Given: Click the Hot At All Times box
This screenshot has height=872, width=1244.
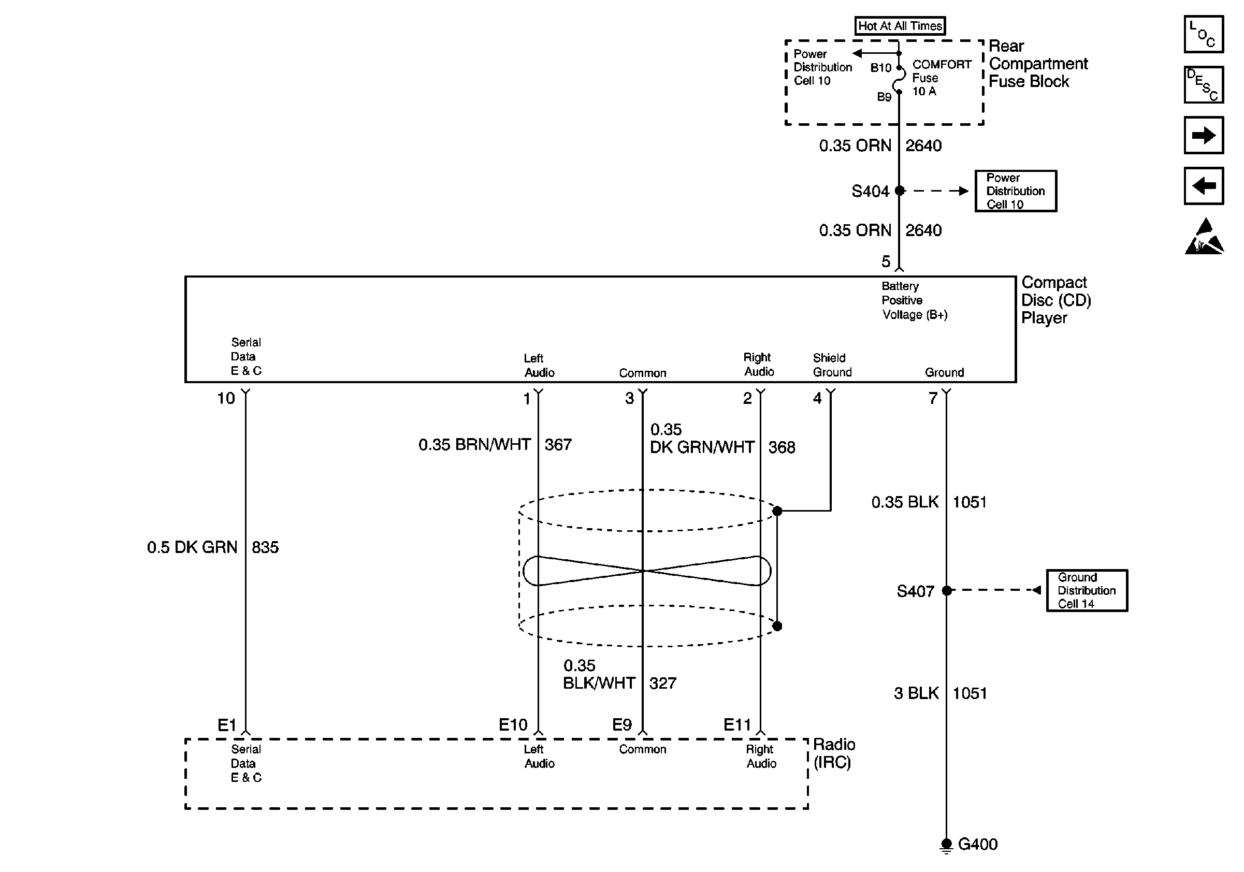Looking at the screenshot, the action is (x=900, y=26).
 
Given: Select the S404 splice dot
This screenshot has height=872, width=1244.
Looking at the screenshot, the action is (x=900, y=191).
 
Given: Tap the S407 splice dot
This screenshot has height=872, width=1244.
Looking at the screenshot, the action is (x=947, y=590).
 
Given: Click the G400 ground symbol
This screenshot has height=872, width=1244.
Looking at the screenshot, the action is (x=946, y=846).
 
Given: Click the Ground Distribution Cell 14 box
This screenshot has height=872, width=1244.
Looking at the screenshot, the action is (x=1087, y=590).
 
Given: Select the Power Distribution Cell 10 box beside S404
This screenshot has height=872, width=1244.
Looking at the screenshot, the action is (x=1016, y=191).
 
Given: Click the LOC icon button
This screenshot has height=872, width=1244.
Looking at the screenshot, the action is (x=1204, y=34).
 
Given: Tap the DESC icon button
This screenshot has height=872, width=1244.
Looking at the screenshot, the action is (x=1204, y=84).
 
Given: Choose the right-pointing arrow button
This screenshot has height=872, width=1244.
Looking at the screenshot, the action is (x=1204, y=135).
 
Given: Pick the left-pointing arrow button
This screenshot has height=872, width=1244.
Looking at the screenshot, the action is (x=1204, y=186).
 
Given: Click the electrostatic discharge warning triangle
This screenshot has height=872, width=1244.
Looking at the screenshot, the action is (x=1204, y=236).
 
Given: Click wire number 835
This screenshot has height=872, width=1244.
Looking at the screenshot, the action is (x=265, y=547).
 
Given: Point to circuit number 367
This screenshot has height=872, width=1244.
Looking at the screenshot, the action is (x=558, y=445).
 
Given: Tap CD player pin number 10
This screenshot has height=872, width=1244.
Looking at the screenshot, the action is (x=226, y=399).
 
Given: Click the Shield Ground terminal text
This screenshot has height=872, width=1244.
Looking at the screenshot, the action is (x=832, y=365).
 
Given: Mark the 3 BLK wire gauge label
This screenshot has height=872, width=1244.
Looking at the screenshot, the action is (x=916, y=693).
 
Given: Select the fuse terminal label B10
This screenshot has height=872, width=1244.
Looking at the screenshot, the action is (x=881, y=68).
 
